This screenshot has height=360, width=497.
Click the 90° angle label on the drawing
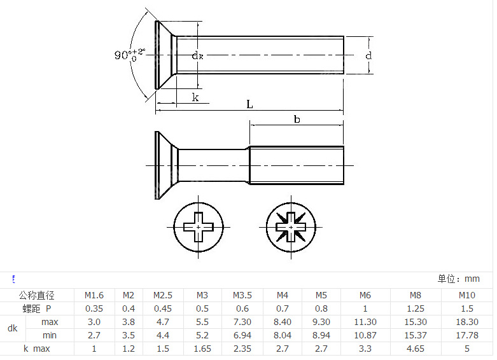click(129, 55)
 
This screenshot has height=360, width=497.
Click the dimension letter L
click(249, 104)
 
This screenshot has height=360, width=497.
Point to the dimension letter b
click(297, 119)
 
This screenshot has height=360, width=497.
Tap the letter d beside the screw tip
click(368, 56)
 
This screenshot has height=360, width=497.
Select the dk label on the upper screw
click(197, 56)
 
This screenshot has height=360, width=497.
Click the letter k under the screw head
click(195, 97)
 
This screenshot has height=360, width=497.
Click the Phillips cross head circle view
click(199, 227)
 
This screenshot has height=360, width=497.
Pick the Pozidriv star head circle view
click(291, 227)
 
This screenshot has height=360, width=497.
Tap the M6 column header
click(365, 295)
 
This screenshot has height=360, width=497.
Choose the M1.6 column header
click(94, 295)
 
